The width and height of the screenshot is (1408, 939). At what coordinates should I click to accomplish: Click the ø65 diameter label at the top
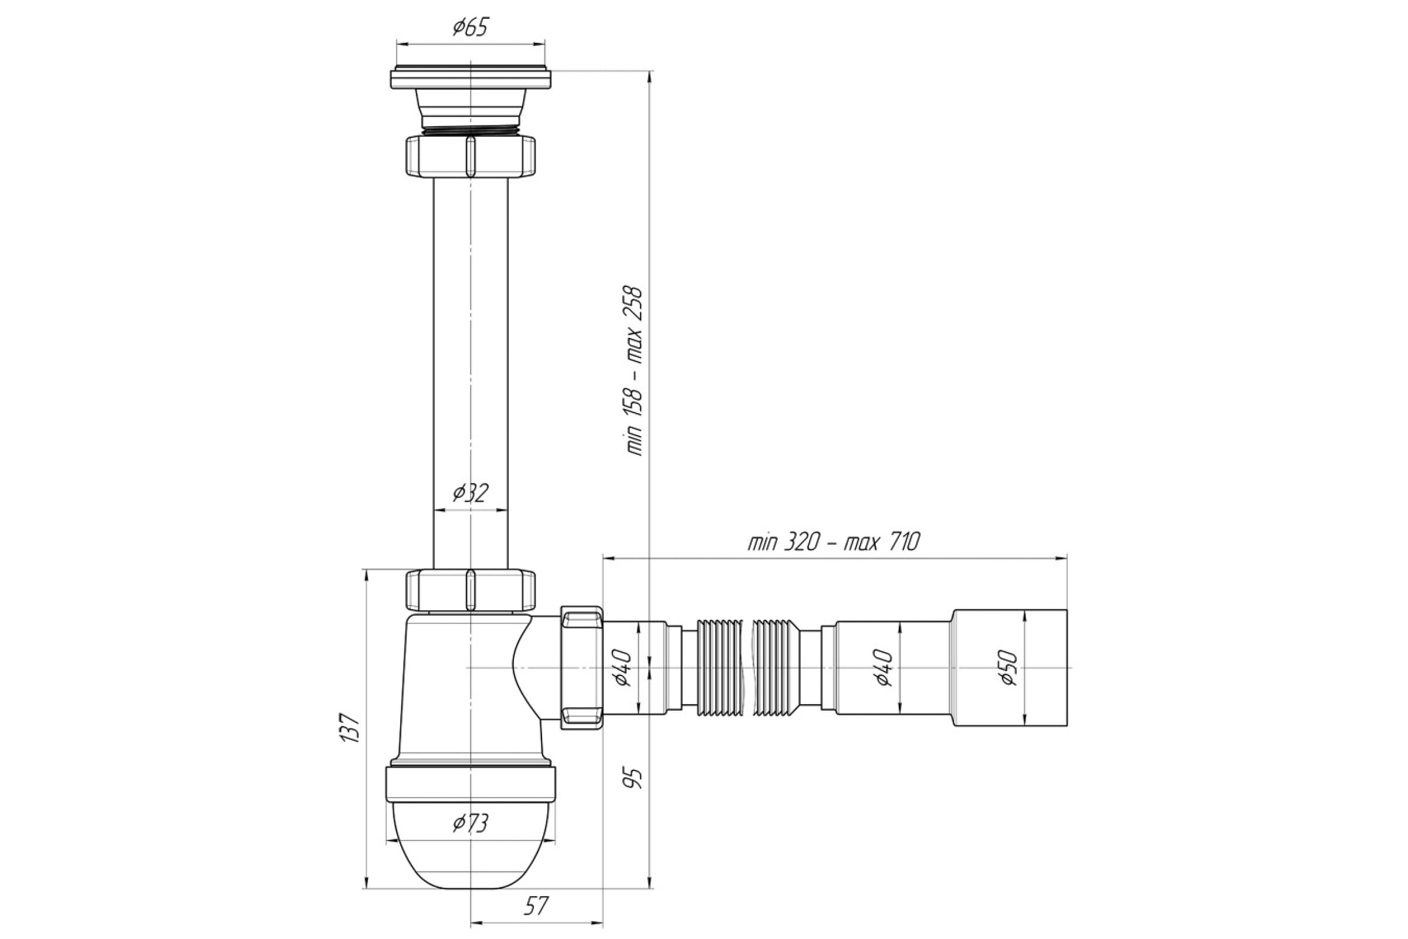click(x=471, y=27)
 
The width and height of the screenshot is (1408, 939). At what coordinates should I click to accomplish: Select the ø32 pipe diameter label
click(x=471, y=493)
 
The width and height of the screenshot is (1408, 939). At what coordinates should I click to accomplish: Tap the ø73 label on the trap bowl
click(x=471, y=823)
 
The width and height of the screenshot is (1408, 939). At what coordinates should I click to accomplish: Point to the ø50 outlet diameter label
click(x=1009, y=668)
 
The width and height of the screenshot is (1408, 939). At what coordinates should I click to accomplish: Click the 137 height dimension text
click(x=349, y=728)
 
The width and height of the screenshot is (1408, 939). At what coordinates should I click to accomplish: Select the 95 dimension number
click(x=635, y=776)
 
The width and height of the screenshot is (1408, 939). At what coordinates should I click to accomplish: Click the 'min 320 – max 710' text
click(x=833, y=542)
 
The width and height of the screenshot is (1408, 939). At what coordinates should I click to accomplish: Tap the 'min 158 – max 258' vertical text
click(x=635, y=371)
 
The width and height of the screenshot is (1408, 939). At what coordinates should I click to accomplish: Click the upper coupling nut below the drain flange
click(x=471, y=156)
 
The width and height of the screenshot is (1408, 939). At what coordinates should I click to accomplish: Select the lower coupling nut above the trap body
click(x=471, y=590)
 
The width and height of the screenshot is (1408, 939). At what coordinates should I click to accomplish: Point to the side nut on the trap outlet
click(x=581, y=668)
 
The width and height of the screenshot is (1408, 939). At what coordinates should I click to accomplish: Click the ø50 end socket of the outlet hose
click(x=1009, y=668)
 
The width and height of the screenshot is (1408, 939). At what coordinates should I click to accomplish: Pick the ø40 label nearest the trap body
click(x=622, y=668)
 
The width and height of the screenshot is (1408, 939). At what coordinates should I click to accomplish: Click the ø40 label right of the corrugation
click(x=884, y=668)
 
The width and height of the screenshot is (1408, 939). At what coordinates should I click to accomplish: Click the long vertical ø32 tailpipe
click(x=471, y=373)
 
